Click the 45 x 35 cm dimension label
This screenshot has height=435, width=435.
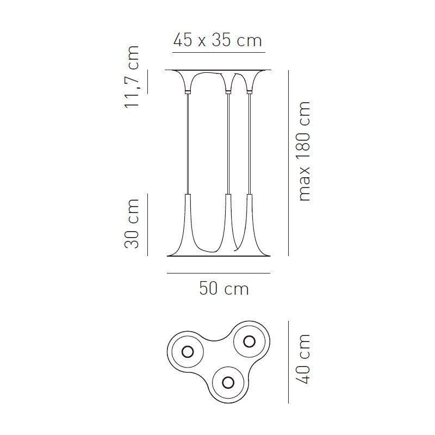pos(217,40)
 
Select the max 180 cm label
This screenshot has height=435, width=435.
pos(304,151)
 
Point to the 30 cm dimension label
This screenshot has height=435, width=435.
pos(132,223)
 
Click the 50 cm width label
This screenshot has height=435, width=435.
pos(223,288)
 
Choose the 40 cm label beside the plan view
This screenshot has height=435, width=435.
pos(304,359)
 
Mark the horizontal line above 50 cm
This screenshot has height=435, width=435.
pos(218,273)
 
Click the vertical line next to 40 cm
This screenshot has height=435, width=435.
pos(288,362)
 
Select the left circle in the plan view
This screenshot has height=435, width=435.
pos(187,351)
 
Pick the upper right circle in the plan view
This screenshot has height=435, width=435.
pos(249,341)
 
